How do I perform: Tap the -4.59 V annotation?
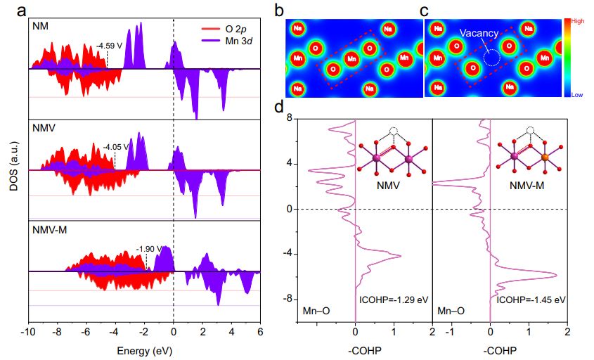click(x=112, y=46)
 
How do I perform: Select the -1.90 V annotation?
click(x=149, y=249)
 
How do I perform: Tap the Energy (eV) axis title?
click(x=143, y=349)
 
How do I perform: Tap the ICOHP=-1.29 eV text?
click(x=393, y=299)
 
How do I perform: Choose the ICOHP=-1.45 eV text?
click(x=531, y=299)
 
